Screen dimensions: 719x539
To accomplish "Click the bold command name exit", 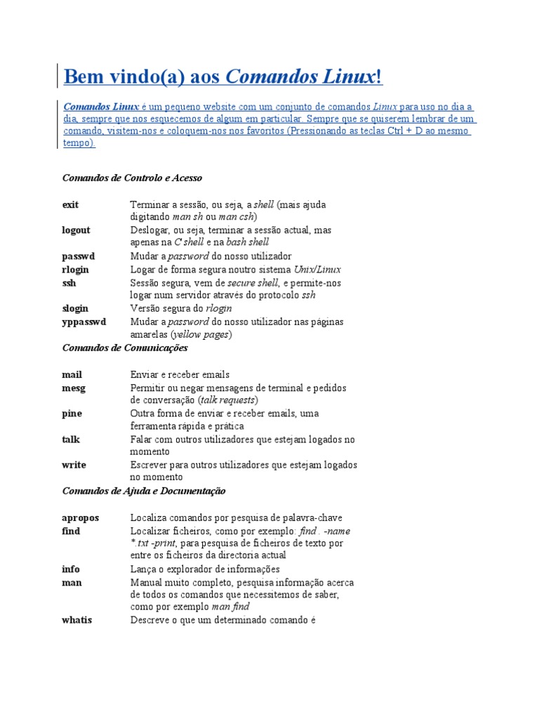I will click(70, 204).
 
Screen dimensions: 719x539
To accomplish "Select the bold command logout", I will click(76, 230).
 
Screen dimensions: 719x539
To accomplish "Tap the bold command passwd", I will click(77, 256).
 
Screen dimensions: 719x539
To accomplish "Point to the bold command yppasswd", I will click(84, 322).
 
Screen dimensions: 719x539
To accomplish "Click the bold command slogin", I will click(75, 308).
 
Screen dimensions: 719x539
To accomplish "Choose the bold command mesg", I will click(72, 388).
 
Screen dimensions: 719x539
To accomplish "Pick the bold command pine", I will click(71, 414).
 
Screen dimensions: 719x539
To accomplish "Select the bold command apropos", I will click(80, 517).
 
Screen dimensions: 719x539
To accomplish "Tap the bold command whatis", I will click(76, 621).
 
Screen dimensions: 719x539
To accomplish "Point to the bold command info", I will click(70, 569).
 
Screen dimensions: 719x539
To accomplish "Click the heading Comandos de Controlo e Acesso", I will click(132, 178).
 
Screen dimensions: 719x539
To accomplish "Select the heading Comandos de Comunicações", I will click(125, 348).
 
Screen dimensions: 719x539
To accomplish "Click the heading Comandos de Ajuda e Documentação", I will click(144, 491).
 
